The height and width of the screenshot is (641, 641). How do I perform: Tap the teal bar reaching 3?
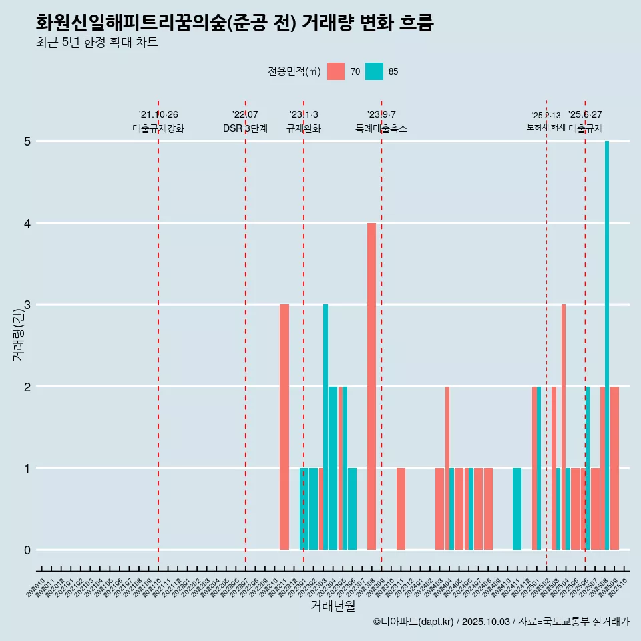pyautogui.click(x=325, y=427)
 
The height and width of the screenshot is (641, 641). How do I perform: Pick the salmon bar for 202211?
pyautogui.click(x=284, y=427)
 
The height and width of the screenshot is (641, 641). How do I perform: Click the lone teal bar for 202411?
pyautogui.click(x=517, y=509)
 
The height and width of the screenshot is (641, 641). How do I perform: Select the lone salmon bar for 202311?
pyautogui.click(x=401, y=509)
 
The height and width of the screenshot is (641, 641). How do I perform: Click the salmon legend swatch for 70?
pyautogui.click(x=336, y=71)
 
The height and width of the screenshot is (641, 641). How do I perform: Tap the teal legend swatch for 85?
pyautogui.click(x=375, y=71)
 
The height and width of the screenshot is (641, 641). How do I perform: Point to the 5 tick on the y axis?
pyautogui.click(x=27, y=142)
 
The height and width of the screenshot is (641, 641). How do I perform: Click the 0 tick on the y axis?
pyautogui.click(x=27, y=550)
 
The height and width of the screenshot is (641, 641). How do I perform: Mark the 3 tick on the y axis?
pyautogui.click(x=27, y=305)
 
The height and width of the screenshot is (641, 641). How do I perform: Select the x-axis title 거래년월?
pyautogui.click(x=333, y=606)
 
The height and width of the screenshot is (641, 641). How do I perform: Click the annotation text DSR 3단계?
pyautogui.click(x=246, y=128)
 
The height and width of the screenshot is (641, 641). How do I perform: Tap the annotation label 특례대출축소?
pyautogui.click(x=381, y=128)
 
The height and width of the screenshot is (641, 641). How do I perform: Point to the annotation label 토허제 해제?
pyautogui.click(x=546, y=127)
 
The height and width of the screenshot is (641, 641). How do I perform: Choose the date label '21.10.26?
pyautogui.click(x=158, y=114)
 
